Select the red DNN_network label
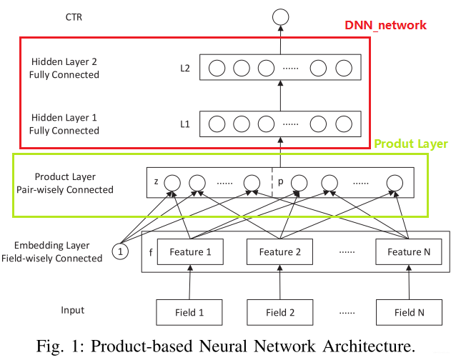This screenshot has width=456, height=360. pyautogui.click(x=385, y=25)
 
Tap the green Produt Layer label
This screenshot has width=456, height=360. pyautogui.click(x=411, y=144)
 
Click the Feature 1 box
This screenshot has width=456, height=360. pyautogui.click(x=189, y=251)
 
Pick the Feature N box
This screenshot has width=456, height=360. pyautogui.click(x=405, y=251)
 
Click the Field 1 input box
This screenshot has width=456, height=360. pyautogui.click(x=189, y=311)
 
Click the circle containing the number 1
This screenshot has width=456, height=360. pyautogui.click(x=121, y=251)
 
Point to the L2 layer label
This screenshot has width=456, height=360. pyautogui.click(x=184, y=69)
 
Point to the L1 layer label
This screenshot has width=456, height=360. pyautogui.click(x=184, y=124)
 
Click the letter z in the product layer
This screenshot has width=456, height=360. pyautogui.click(x=156, y=182)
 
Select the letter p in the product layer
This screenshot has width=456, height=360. pyautogui.click(x=281, y=182)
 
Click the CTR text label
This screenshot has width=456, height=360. pyautogui.click(x=74, y=16)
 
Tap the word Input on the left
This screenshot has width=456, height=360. pyautogui.click(x=72, y=310)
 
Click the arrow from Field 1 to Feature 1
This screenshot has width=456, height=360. pyautogui.click(x=189, y=281)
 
